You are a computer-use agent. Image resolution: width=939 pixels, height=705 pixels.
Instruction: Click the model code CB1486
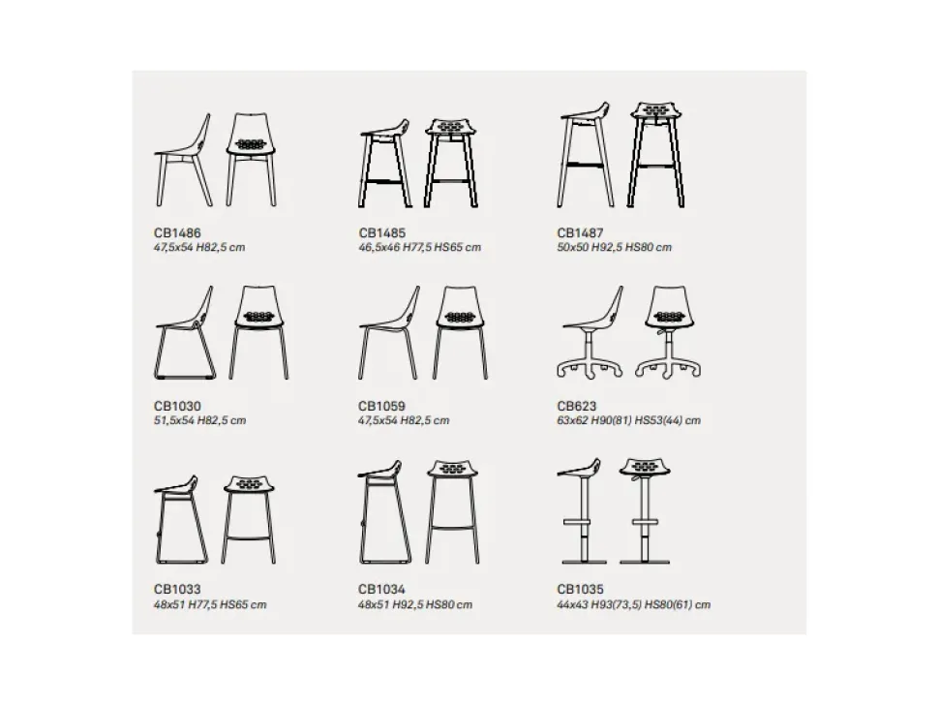(x=177, y=233)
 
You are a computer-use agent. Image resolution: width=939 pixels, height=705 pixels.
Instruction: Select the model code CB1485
(x=382, y=233)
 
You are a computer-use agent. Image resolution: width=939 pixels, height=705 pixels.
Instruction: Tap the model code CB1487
(x=580, y=233)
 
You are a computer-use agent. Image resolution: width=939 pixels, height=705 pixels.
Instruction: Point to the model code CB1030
(x=177, y=406)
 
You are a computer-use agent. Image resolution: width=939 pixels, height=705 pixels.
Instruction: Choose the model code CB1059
(x=382, y=406)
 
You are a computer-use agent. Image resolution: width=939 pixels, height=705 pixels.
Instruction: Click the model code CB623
(x=577, y=406)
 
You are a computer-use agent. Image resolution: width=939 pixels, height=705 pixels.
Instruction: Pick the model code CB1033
(x=177, y=590)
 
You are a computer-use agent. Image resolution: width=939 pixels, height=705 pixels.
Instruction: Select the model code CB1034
(x=382, y=590)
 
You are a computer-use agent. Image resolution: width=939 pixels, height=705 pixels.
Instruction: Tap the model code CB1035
(x=580, y=590)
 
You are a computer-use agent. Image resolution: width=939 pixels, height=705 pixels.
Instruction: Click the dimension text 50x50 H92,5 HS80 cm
(x=615, y=247)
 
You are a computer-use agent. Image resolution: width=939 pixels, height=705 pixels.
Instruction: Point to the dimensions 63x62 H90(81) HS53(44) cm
(x=629, y=420)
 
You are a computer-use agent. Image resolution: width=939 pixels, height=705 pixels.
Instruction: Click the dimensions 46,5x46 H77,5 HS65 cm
(x=420, y=247)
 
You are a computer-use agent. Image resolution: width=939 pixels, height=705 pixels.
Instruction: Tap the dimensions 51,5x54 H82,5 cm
(x=200, y=420)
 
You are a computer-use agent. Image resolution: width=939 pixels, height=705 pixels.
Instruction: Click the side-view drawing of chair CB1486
(x=184, y=160)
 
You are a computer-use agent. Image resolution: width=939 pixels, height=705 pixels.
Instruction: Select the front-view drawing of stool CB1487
(x=657, y=155)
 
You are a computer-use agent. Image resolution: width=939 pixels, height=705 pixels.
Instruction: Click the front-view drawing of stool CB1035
(x=645, y=511)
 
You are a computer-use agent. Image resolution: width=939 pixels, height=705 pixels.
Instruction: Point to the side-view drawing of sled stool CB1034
(x=380, y=512)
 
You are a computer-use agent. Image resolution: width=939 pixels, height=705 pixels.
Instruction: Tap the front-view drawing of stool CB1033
(x=249, y=519)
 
